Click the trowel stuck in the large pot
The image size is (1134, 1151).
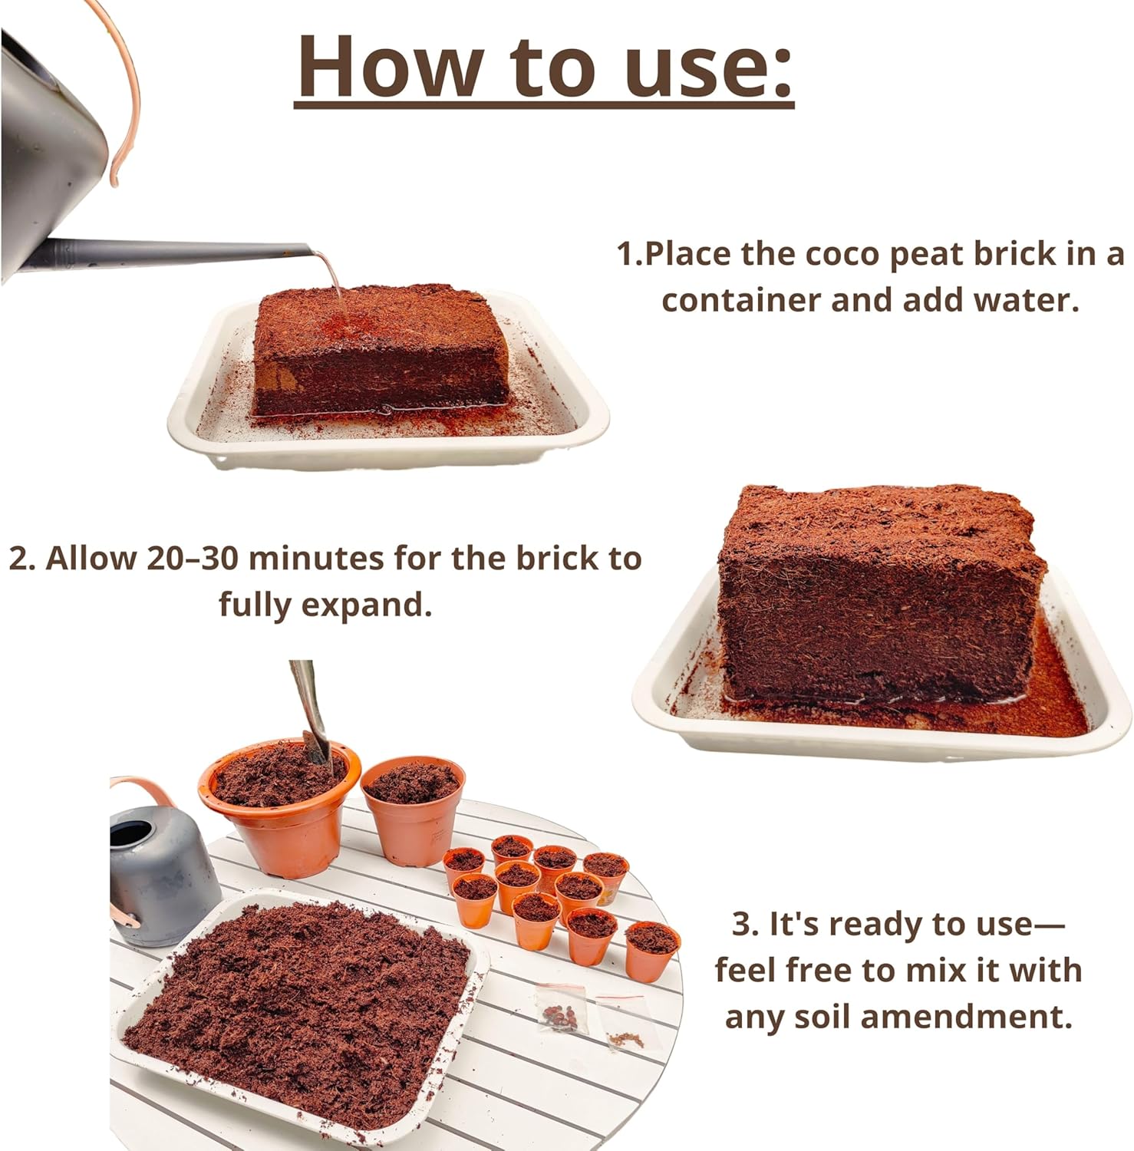[x=312, y=714]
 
